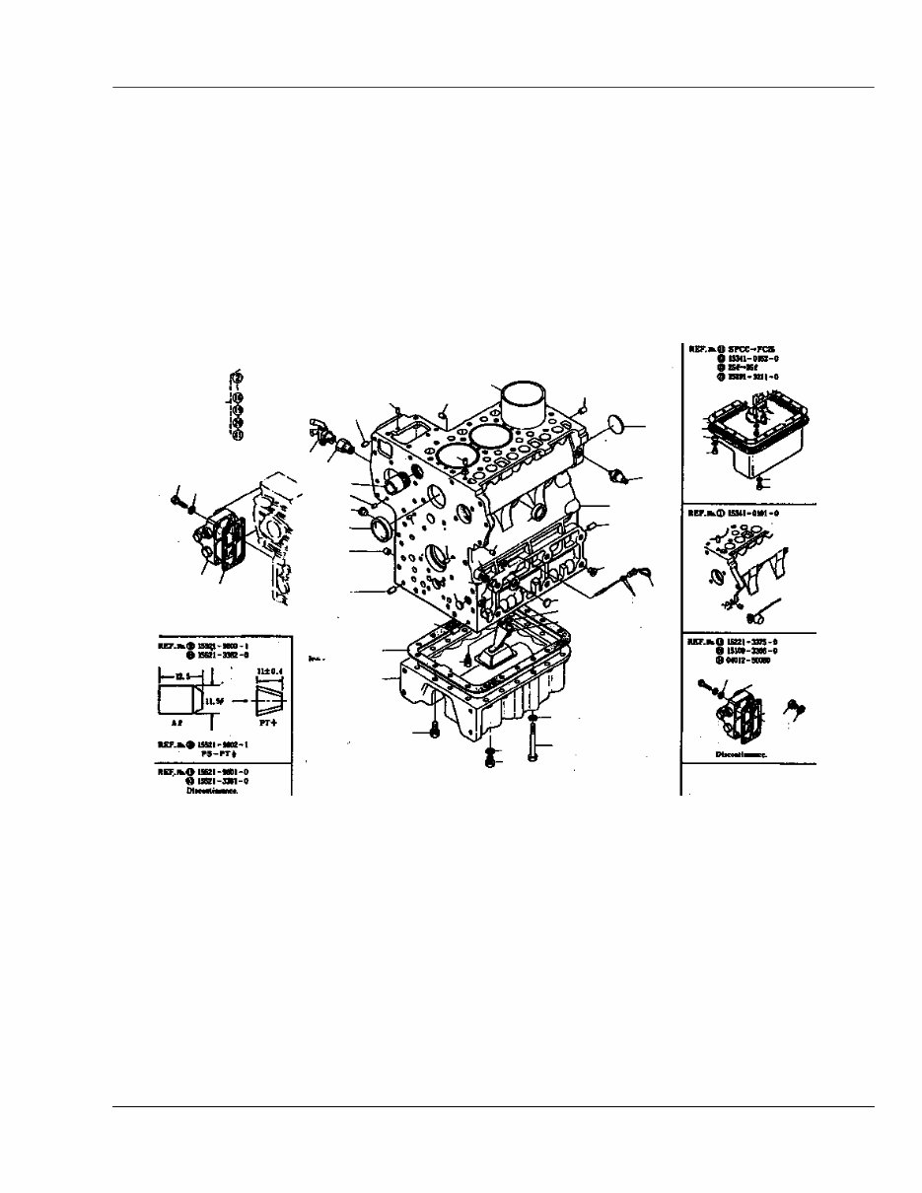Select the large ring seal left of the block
coord(384,530)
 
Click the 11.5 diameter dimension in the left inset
coord(216,701)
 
